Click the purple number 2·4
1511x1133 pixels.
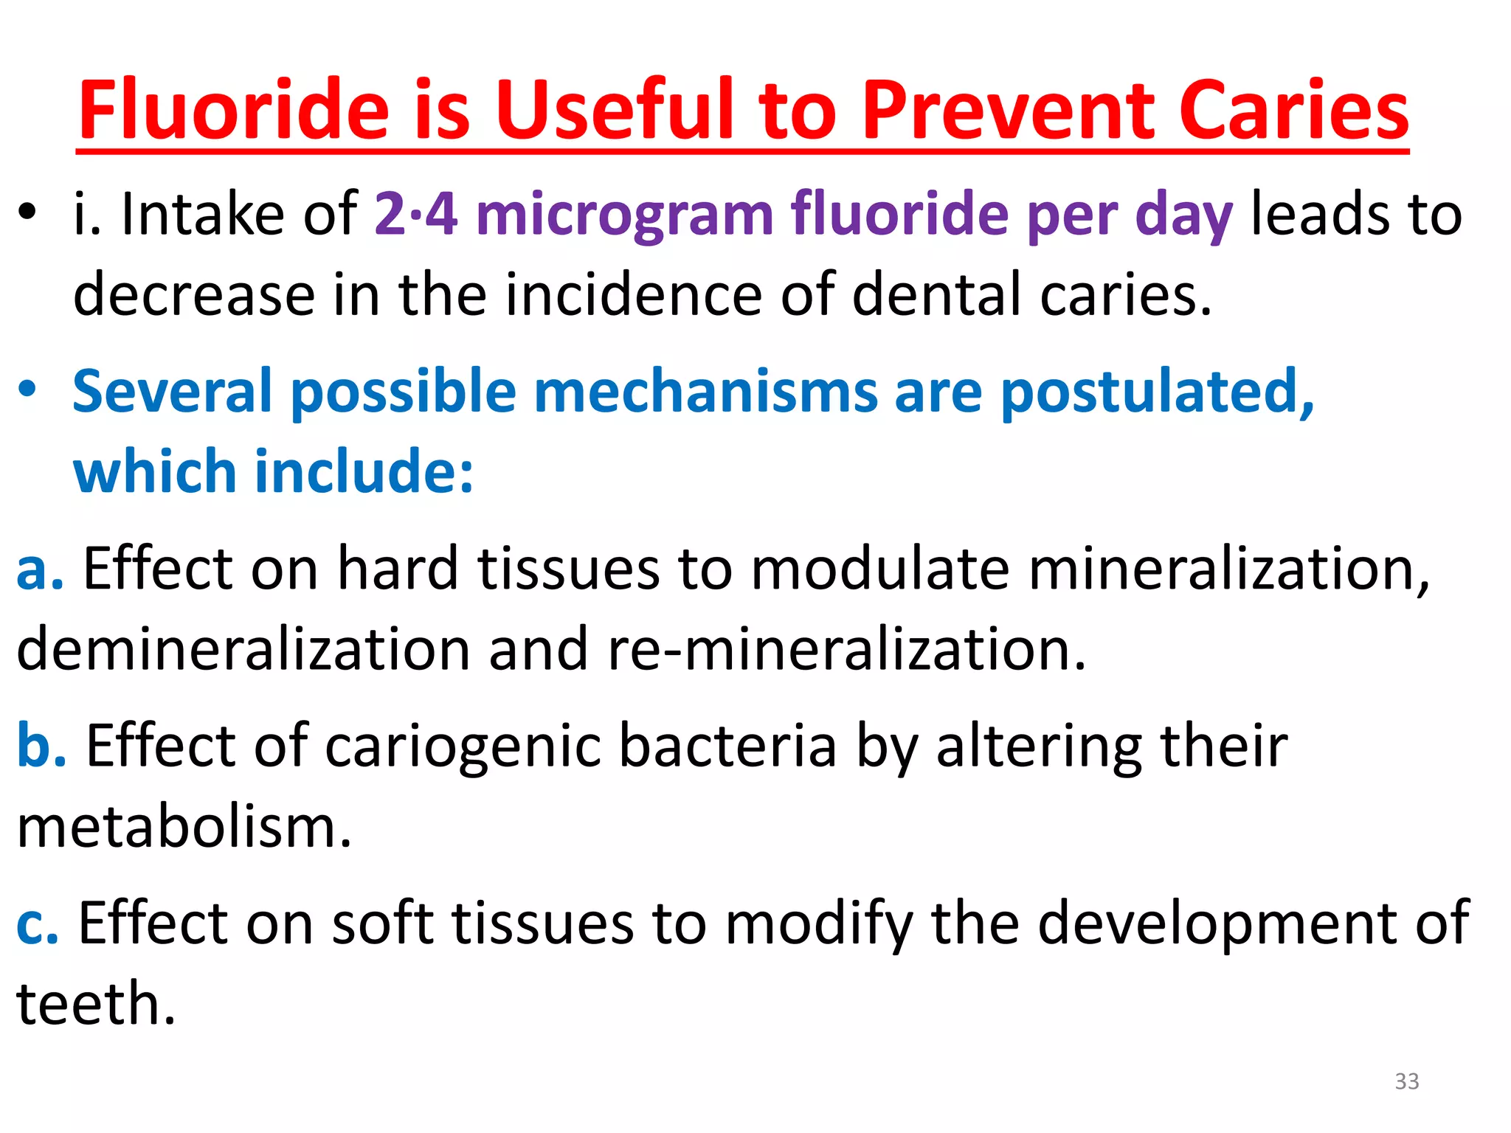coord(415,214)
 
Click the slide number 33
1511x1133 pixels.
coord(1406,1081)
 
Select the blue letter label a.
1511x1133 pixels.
coord(39,569)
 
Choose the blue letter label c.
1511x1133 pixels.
coord(37,924)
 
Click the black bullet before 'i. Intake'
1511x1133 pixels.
coord(27,215)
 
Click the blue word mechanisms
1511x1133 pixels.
coord(705,391)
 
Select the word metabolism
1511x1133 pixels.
coord(184,826)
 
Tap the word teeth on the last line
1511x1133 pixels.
coord(96,1003)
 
